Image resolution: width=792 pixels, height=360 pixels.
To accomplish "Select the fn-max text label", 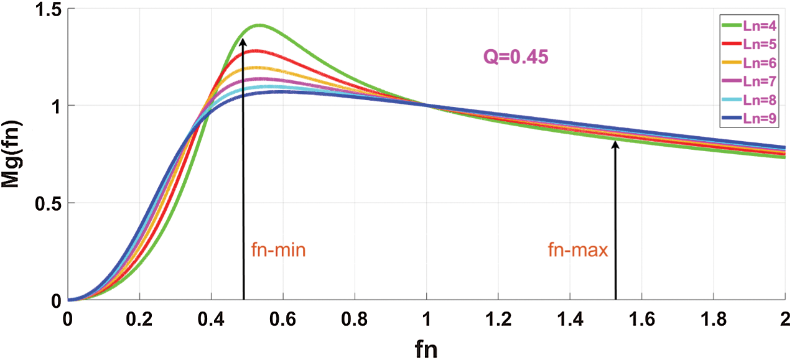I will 578,251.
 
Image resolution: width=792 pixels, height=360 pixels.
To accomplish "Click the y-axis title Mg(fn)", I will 12,154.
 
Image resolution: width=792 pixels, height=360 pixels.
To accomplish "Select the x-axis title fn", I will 426,349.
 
